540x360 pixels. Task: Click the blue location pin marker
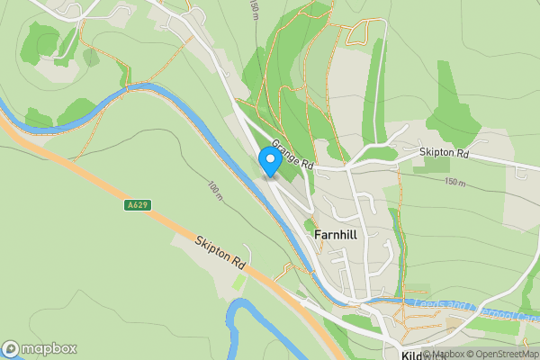269,161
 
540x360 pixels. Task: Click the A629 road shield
137,205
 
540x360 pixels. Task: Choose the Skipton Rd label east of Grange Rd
445,154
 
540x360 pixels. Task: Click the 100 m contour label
215,191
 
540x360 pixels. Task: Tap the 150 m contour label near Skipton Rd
456,182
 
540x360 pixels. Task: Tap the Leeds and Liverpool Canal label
468,310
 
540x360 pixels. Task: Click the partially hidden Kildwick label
410,355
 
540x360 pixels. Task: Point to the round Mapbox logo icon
11,349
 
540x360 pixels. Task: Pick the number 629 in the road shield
140,205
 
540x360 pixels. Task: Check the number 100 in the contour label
213,188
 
